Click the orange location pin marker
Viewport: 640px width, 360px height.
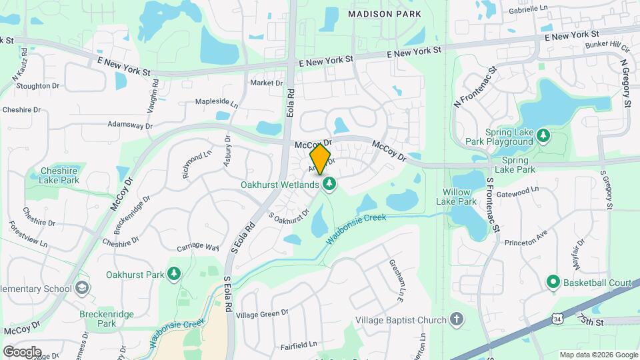[320, 159]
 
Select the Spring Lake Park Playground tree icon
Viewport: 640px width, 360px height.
[544, 135]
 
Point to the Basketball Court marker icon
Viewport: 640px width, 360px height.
[553, 283]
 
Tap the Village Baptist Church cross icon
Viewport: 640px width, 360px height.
[457, 320]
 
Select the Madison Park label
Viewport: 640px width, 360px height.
[385, 13]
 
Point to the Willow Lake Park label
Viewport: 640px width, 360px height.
[457, 197]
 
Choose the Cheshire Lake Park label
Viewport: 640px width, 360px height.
[59, 175]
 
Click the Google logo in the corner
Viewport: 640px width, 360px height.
[22, 351]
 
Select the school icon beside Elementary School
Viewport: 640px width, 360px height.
[83, 289]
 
